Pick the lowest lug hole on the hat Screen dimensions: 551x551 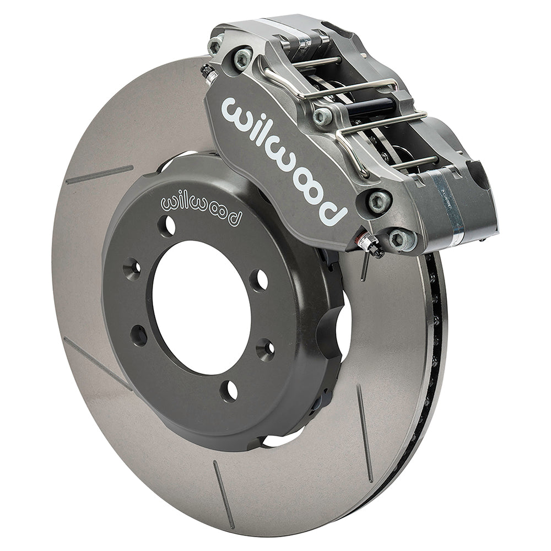click(x=229, y=390)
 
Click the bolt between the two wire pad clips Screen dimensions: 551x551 click(x=323, y=116)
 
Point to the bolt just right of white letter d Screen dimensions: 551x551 click(x=379, y=201)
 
